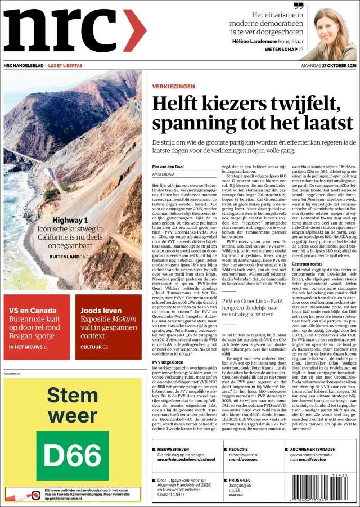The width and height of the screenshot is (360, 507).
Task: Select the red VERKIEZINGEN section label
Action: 174,87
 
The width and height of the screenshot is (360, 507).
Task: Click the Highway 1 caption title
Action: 70,221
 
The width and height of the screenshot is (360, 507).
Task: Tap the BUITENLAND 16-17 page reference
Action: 69,256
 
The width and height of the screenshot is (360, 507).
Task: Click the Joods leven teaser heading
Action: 101,310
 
